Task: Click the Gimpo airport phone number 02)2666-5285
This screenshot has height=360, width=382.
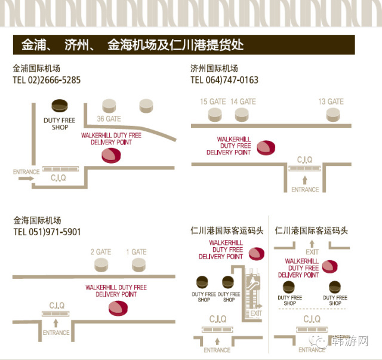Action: [47, 79]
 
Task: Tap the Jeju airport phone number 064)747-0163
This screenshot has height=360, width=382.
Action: [224, 79]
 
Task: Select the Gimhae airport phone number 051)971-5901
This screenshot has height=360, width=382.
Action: [47, 232]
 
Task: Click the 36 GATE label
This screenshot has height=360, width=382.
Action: [109, 119]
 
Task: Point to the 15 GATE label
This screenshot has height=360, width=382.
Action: [212, 101]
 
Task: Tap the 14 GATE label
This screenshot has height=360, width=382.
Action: [243, 101]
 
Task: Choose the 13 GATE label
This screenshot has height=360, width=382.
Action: [331, 101]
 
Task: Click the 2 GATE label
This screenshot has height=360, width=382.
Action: [100, 252]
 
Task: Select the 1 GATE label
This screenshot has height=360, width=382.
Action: [136, 252]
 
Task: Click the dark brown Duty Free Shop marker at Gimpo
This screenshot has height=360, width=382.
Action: [59, 106]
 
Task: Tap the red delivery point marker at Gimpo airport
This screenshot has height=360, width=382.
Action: [110, 155]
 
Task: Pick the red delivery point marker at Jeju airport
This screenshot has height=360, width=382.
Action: [266, 146]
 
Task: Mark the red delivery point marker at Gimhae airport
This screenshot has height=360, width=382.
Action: [118, 308]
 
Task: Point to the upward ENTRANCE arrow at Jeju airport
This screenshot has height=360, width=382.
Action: [305, 179]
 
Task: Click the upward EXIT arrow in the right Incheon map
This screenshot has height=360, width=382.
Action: [313, 243]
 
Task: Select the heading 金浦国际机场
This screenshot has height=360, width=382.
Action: [36, 68]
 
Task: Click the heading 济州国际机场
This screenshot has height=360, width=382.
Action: [214, 68]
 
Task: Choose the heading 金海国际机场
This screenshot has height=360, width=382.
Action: [36, 220]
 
